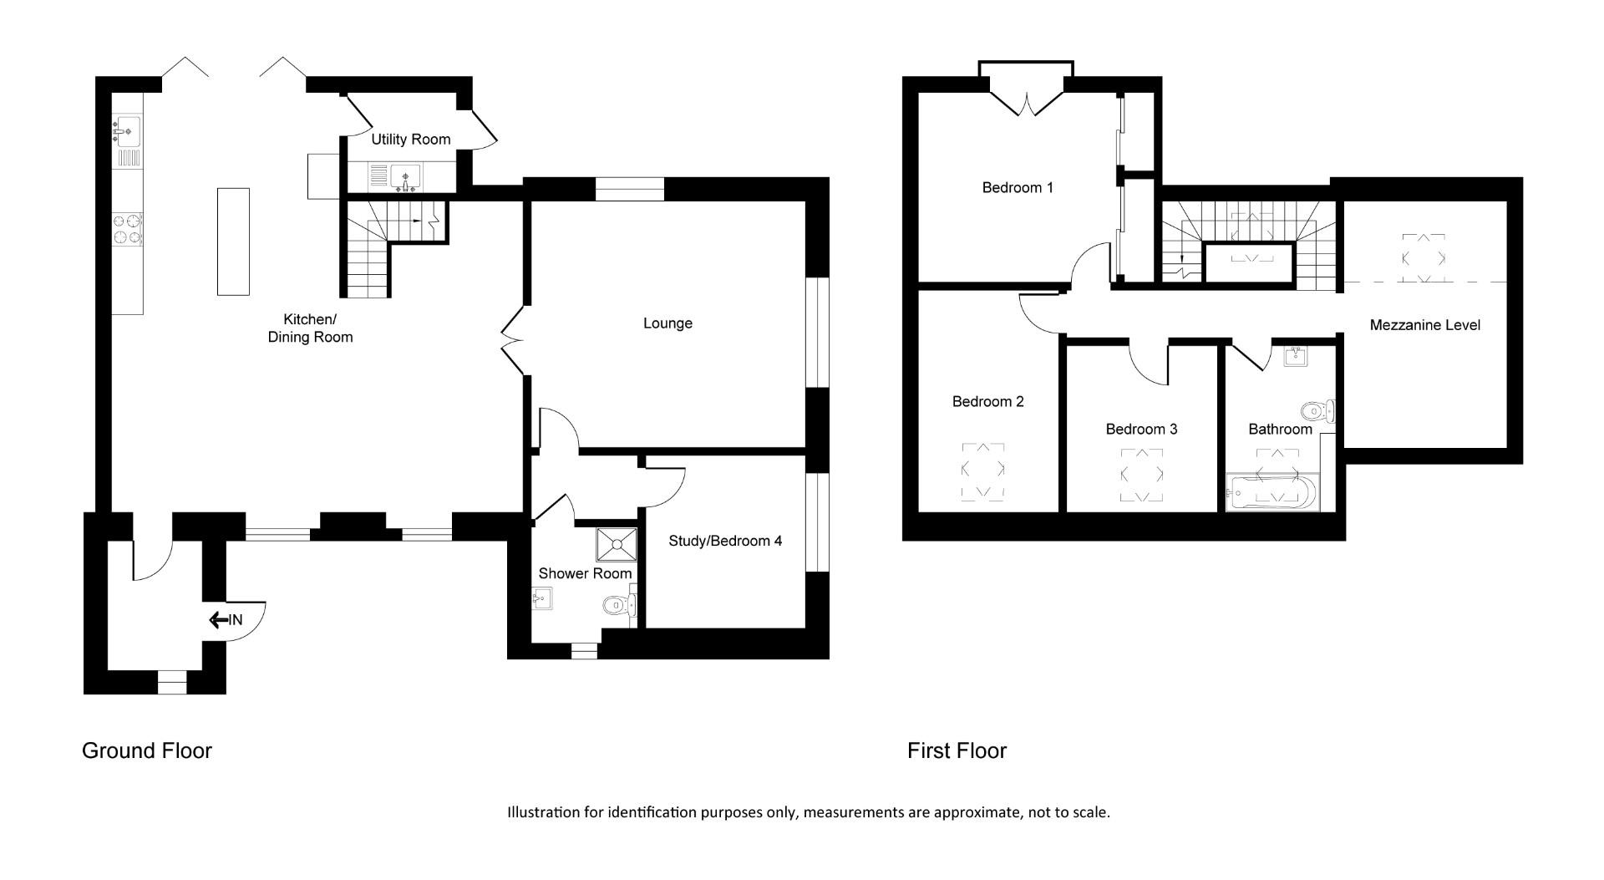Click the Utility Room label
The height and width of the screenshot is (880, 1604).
pos(410,140)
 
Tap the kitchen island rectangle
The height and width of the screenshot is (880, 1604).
pos(233,242)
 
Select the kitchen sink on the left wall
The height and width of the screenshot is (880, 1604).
pos(128,131)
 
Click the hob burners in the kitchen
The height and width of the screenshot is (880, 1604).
pos(127,230)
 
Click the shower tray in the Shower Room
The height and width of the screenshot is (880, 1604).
pos(616,545)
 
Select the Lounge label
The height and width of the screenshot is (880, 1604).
pos(667,323)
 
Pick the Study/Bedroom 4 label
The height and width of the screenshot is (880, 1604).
pos(725,541)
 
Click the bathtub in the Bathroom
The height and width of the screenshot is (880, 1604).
pos(1271,493)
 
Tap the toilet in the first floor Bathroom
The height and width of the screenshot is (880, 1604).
pos(1317,410)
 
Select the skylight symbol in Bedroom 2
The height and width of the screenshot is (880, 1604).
pos(982,472)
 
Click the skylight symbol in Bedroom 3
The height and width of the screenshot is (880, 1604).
pos(1141,476)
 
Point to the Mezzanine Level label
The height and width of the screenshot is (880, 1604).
pos(1424,325)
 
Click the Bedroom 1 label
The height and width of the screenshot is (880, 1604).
pos(1017,188)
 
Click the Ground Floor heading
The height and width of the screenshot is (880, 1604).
pos(147,750)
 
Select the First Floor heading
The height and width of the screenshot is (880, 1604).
pos(957,750)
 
